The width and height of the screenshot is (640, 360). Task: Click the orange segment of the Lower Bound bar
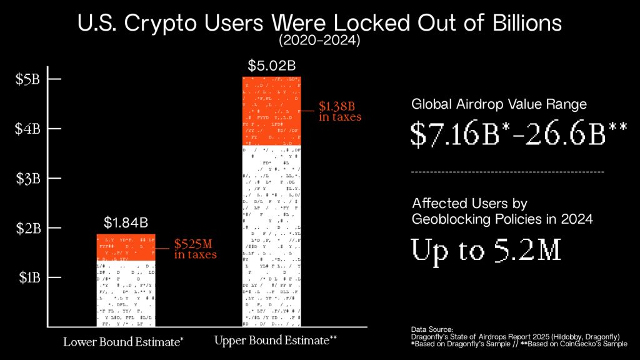[126, 247]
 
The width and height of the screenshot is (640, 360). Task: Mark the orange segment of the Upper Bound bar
[272, 110]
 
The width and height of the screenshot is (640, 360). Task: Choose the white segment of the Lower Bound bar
[126, 294]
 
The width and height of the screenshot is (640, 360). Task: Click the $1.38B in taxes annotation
[340, 111]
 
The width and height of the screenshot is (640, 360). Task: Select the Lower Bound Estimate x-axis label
[124, 342]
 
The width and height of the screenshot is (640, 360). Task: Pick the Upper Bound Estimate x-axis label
[276, 341]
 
